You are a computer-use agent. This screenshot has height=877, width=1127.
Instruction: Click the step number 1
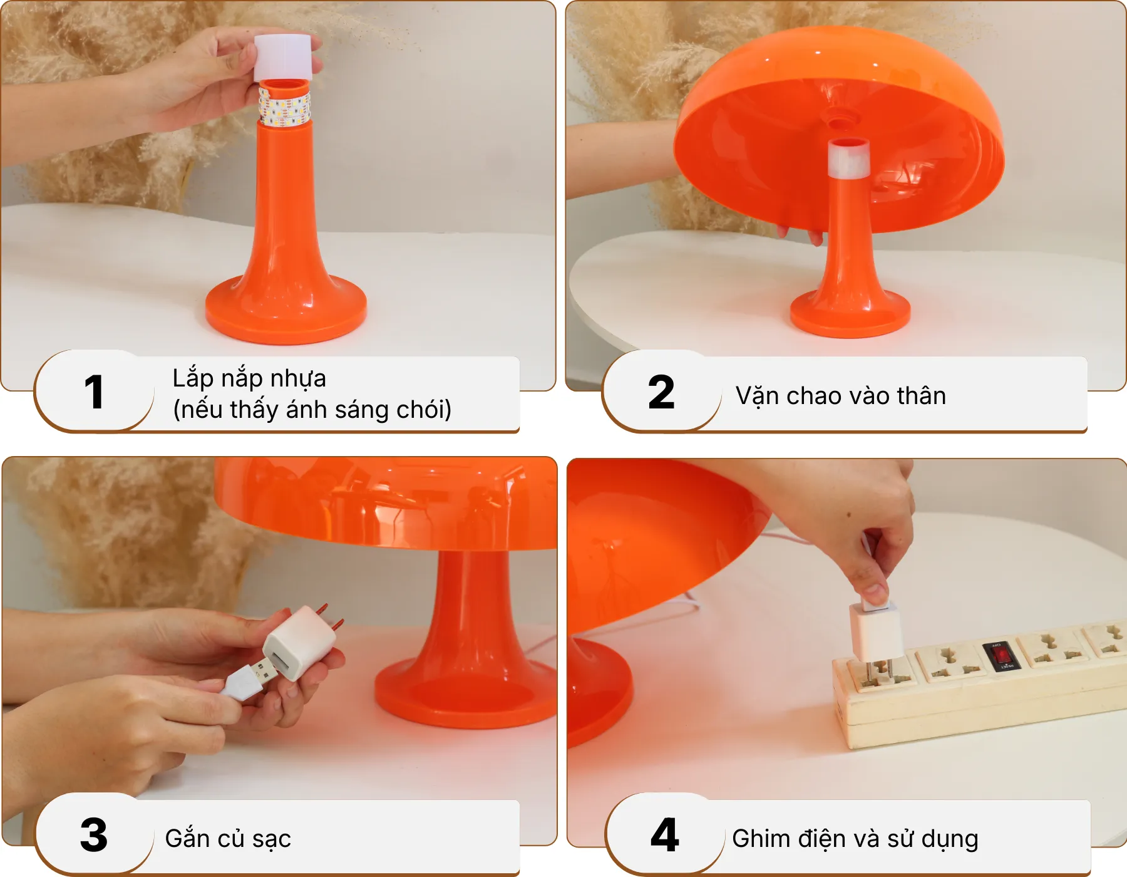pos(94,393)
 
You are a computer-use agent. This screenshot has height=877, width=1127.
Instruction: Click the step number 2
pos(661,393)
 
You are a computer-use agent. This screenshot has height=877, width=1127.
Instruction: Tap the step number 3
pos(94,835)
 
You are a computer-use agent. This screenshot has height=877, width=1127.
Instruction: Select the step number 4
pos(664,835)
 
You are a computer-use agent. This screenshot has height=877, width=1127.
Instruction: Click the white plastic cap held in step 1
pos(282,56)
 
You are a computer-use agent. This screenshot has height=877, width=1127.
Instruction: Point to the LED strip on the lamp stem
pos(285,106)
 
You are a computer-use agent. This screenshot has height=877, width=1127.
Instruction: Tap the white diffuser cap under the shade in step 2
pos(848,158)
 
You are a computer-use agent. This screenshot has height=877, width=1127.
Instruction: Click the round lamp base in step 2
pos(850,313)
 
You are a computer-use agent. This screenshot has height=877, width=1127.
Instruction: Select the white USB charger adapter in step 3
pos(299,641)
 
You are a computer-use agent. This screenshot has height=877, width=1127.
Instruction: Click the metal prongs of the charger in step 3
pos(331,616)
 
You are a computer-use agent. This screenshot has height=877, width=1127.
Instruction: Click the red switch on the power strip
pos(1001,655)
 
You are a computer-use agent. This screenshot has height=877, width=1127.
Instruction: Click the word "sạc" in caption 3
pos(272,839)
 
